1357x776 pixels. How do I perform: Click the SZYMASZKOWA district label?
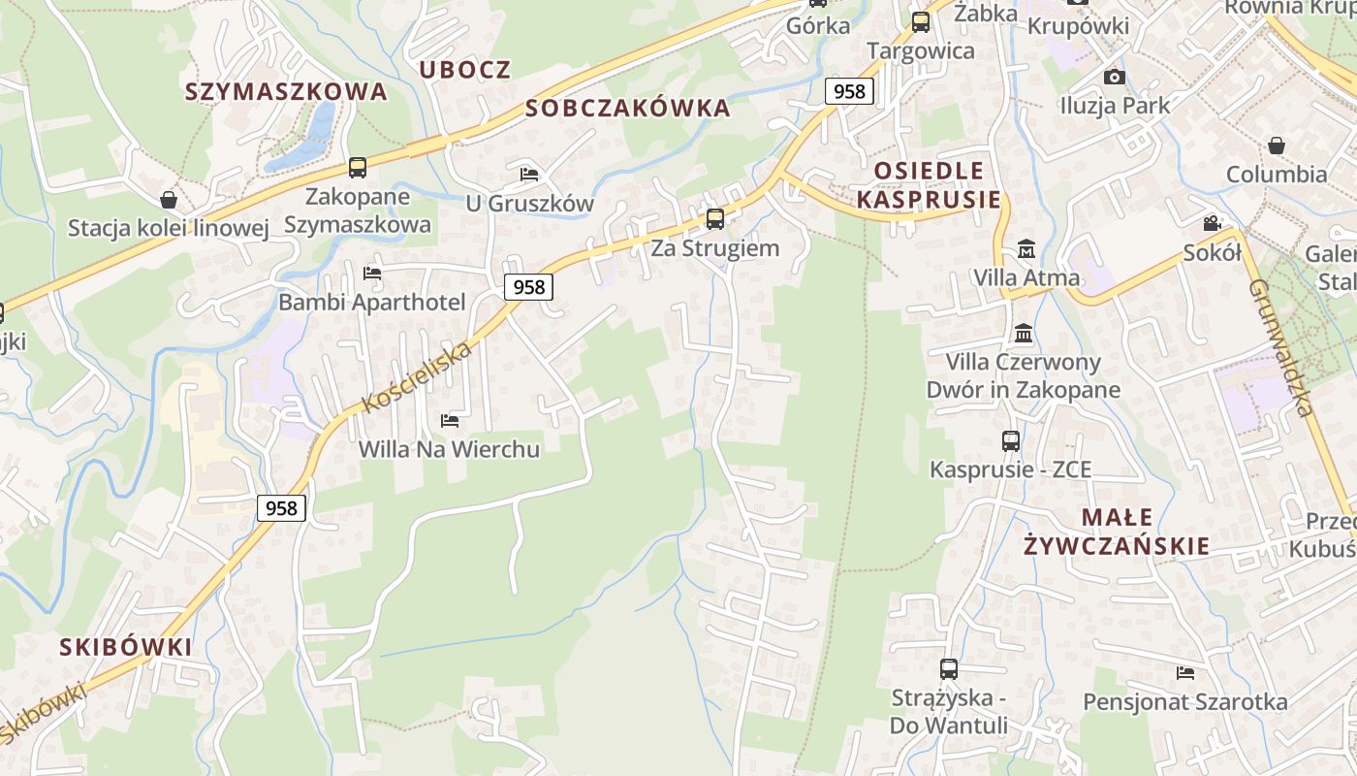point(286,92)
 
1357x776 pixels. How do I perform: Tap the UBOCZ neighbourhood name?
point(465,70)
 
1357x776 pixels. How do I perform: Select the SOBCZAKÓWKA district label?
point(628,108)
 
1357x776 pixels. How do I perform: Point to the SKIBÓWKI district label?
point(125,647)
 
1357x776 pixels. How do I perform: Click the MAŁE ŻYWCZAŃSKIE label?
point(1117,531)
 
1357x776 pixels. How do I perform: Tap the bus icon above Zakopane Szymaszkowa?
point(358,167)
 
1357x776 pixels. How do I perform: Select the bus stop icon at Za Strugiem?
point(715,218)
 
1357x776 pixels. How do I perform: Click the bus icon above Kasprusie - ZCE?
point(1011,440)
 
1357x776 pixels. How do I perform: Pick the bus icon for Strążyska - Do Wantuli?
point(949,668)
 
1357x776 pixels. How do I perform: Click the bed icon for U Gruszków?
point(529,175)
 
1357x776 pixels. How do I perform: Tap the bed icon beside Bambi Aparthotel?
point(372,274)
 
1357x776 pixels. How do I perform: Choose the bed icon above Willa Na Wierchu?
point(450,421)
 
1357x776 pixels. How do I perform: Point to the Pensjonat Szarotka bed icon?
point(1184,672)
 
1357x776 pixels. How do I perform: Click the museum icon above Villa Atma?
point(1026,249)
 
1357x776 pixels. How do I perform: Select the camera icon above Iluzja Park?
point(1115,77)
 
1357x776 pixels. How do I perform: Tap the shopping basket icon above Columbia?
point(1277,145)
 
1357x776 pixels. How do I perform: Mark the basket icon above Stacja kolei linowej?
point(169,200)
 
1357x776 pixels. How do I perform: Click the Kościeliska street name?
point(417,376)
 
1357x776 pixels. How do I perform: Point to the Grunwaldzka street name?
point(1280,348)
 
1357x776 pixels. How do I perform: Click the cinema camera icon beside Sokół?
point(1212,223)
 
